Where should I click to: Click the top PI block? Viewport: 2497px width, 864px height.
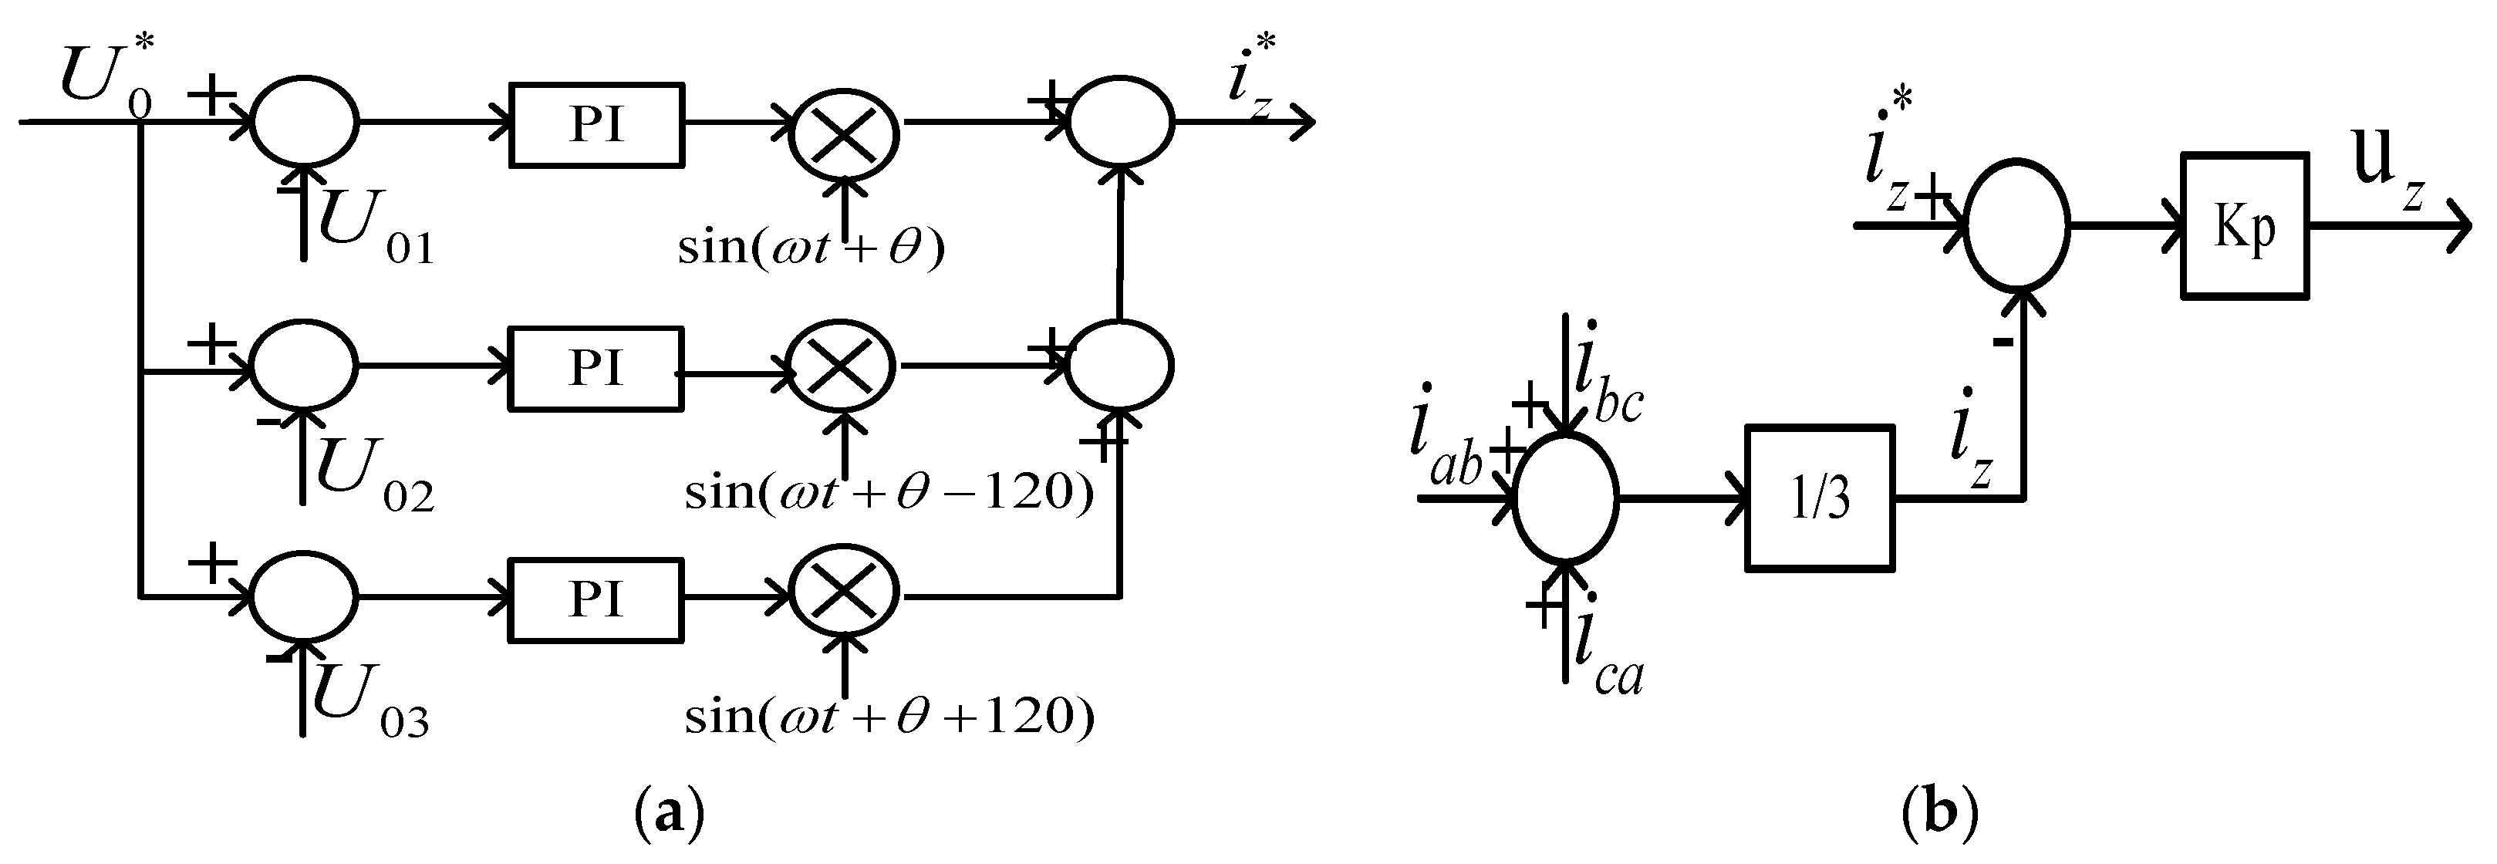(596, 124)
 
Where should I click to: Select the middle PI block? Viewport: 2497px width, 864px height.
(596, 367)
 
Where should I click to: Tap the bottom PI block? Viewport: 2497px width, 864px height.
(596, 599)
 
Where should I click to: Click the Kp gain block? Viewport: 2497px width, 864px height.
(2244, 226)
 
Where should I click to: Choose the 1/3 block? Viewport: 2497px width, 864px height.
(1820, 498)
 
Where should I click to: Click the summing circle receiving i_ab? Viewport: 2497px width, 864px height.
(1564, 498)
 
